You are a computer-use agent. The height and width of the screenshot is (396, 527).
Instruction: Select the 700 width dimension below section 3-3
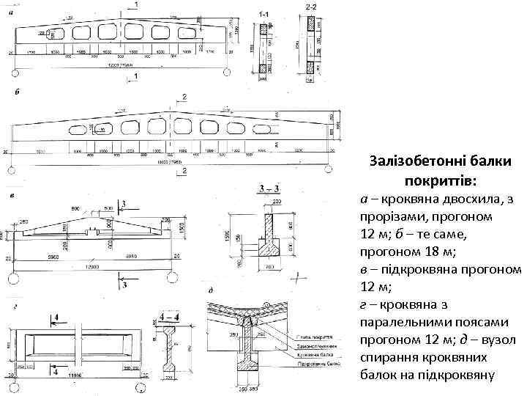[269, 269]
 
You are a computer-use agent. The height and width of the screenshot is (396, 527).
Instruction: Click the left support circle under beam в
[13, 277]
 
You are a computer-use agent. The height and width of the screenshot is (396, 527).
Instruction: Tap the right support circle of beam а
[228, 70]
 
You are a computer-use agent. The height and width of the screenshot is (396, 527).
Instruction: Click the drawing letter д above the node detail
[211, 291]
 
